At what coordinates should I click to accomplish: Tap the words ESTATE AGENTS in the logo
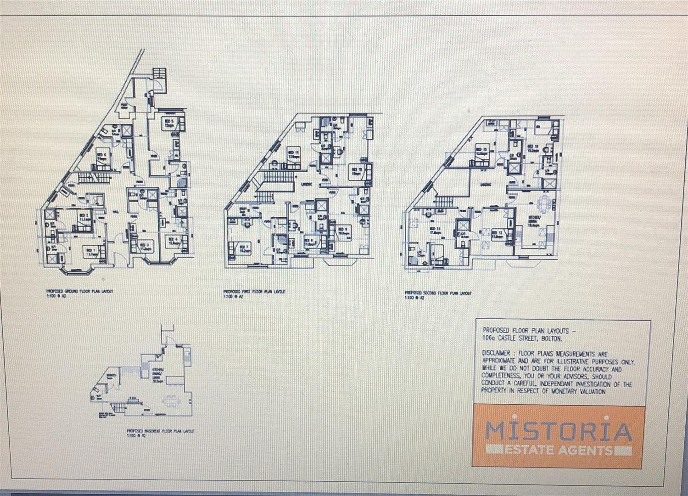coord(558,449)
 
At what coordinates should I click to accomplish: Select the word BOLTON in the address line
coord(549,338)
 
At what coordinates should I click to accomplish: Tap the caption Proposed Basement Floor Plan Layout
coord(160,431)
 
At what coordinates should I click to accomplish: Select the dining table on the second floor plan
coord(545,201)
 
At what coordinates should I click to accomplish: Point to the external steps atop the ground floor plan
coord(158,74)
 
